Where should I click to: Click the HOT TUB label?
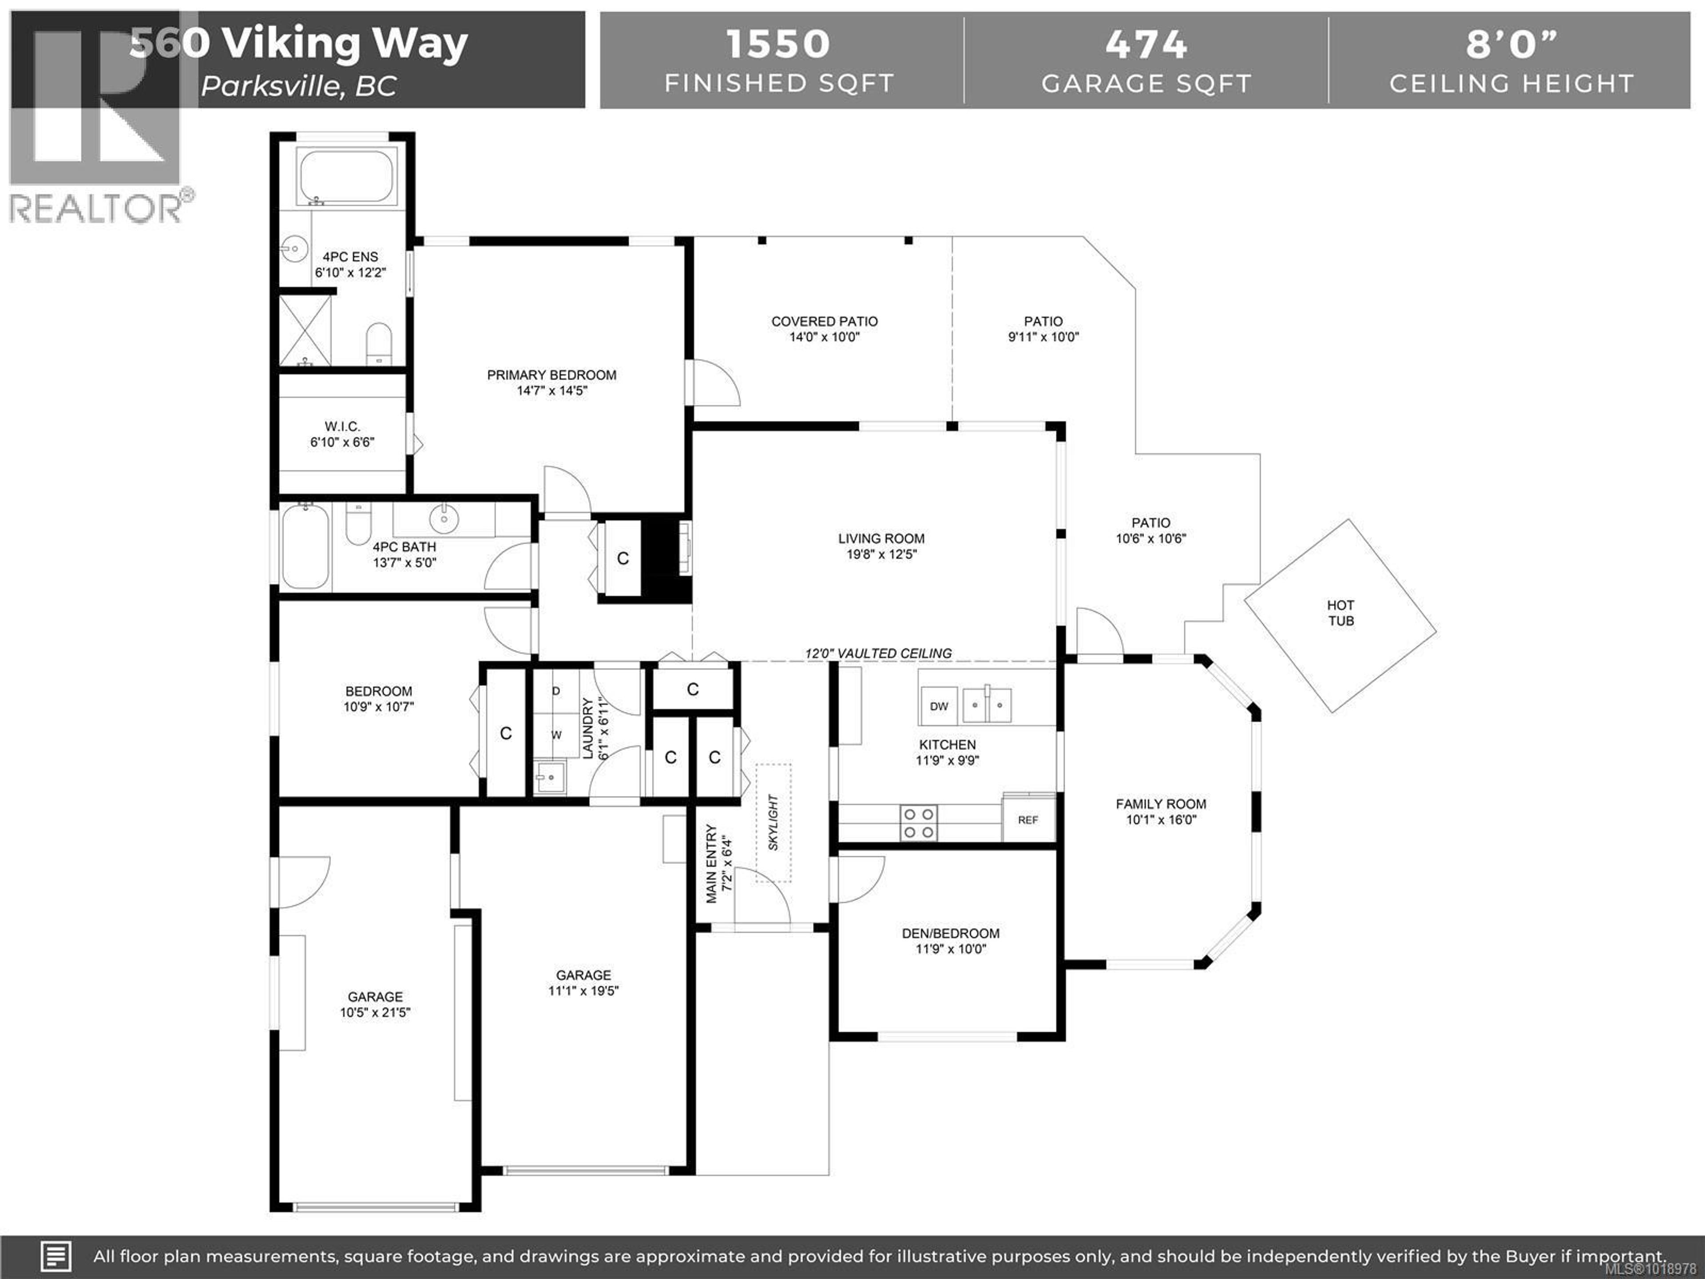click(x=1340, y=613)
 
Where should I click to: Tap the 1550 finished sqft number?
click(x=778, y=44)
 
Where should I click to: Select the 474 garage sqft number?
click(x=1146, y=44)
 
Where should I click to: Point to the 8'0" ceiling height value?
click(x=1511, y=44)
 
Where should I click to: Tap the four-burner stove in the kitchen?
click(x=919, y=822)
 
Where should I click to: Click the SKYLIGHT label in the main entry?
click(x=773, y=822)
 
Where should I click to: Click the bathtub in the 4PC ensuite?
click(x=345, y=177)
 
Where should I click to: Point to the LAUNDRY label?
click(x=587, y=729)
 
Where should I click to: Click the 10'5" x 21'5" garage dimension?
click(x=375, y=1012)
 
